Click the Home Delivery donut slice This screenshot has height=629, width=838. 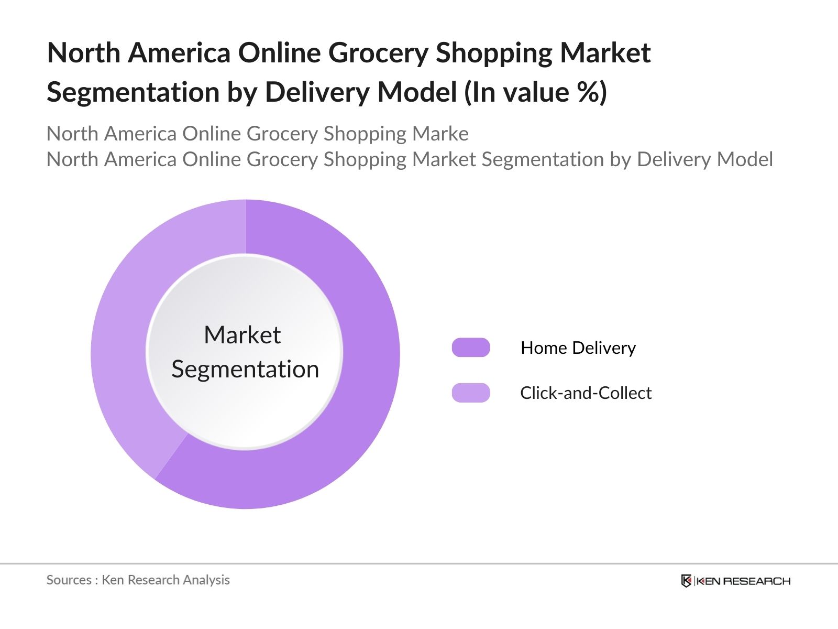pyautogui.click(x=361, y=398)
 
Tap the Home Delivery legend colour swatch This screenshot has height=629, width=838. pyautogui.click(x=471, y=348)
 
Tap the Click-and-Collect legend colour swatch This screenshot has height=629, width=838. pyautogui.click(x=471, y=393)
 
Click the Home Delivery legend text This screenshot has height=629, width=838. pyautogui.click(x=578, y=348)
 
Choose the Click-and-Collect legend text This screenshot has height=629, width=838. pyautogui.click(x=586, y=393)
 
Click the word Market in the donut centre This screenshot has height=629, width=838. pyautogui.click(x=242, y=335)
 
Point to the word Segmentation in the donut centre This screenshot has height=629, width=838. pyautogui.click(x=245, y=370)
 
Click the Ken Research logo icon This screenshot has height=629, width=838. pyautogui.click(x=686, y=581)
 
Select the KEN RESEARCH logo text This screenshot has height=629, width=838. pyautogui.click(x=743, y=581)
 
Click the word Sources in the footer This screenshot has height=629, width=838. pyautogui.click(x=69, y=580)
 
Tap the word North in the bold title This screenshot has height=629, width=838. pyautogui.click(x=84, y=53)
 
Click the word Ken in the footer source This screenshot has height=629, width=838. pyautogui.click(x=113, y=580)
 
